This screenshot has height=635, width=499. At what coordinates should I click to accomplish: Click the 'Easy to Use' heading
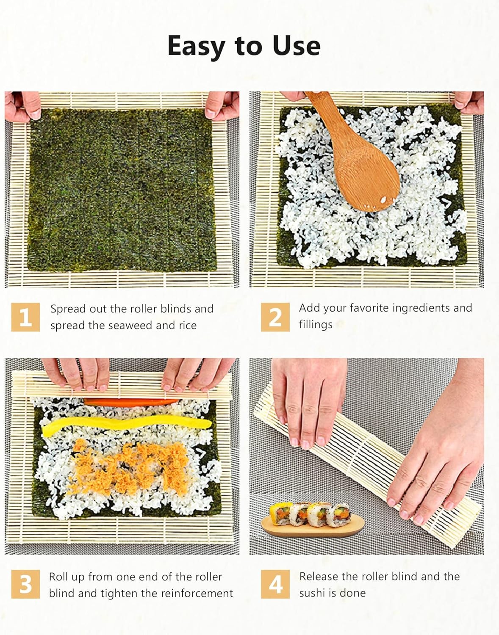pyautogui.click(x=244, y=46)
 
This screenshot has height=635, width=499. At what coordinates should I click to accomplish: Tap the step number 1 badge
pyautogui.click(x=25, y=317)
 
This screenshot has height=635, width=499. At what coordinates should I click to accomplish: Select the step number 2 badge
pyautogui.click(x=275, y=317)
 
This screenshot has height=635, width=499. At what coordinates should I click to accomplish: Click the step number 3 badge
pyautogui.click(x=25, y=584)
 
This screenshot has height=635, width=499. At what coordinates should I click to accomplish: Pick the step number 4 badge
pyautogui.click(x=275, y=584)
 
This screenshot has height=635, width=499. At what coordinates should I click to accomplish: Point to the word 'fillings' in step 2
pyautogui.click(x=316, y=325)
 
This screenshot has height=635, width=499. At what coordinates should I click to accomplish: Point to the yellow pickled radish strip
pyautogui.click(x=127, y=425)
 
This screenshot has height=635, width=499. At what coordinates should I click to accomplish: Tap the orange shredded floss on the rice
pyautogui.click(x=127, y=466)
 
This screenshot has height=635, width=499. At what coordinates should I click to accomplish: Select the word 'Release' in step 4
pyautogui.click(x=319, y=576)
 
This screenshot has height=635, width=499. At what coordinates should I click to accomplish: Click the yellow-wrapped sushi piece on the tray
pyautogui.click(x=280, y=513)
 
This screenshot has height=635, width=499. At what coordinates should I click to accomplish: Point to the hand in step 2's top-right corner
pyautogui.click(x=470, y=102)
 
